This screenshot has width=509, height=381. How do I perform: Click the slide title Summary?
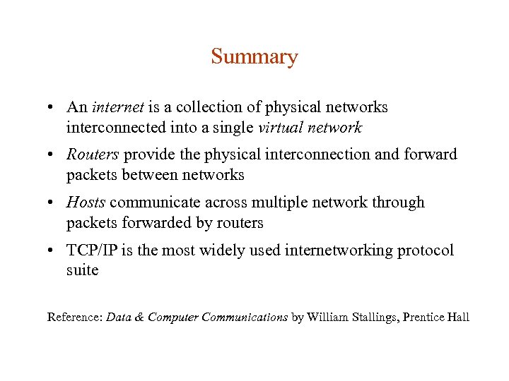254,56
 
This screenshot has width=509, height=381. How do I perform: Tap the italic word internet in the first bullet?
118,108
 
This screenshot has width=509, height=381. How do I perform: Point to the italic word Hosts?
86,202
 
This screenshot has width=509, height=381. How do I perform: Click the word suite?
82,270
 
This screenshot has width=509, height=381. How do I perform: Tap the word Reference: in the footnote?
75,317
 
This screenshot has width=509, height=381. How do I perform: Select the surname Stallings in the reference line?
372,317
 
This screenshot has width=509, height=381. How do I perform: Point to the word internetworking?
344,250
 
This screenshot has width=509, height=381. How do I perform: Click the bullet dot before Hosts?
52,203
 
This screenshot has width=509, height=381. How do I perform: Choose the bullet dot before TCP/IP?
52,251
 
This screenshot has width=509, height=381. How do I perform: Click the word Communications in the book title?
245,317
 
